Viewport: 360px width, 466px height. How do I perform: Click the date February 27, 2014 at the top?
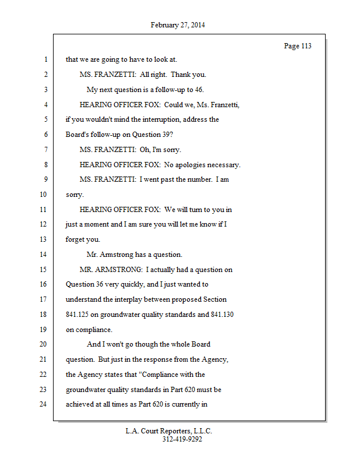point(178,25)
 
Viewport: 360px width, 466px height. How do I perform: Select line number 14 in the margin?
point(44,255)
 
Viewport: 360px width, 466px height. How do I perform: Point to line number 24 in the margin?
point(44,404)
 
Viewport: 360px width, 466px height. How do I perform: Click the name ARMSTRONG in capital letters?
point(121,270)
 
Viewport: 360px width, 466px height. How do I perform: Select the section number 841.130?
point(223,315)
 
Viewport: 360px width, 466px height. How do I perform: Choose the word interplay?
point(137,299)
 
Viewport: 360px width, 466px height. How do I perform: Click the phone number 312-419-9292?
point(182,439)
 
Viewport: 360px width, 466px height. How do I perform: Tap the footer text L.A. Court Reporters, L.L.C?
point(169,431)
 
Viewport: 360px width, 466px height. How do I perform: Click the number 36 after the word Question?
point(98,284)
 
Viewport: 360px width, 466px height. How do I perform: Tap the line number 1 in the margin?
point(45,60)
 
